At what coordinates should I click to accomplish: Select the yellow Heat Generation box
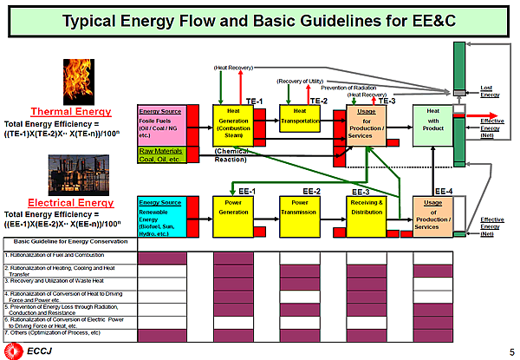(233, 123)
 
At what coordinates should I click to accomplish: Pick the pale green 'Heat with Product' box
(433, 124)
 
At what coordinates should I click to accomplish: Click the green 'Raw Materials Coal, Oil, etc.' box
(162, 154)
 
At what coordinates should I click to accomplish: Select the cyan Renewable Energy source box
(162, 217)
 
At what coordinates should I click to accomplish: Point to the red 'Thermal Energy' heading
(71, 111)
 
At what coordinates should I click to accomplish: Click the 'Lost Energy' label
(490, 90)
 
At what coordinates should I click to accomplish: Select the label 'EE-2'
(312, 191)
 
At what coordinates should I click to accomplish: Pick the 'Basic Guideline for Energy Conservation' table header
(61, 240)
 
